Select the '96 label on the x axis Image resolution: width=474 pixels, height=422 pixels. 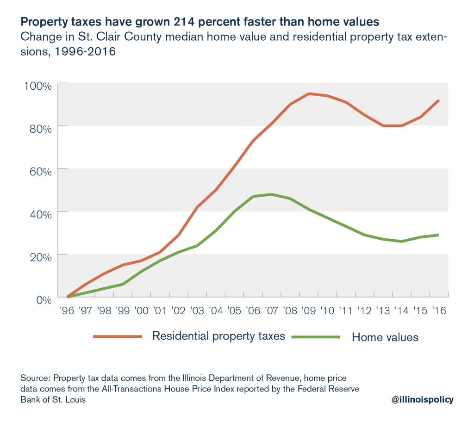[x=68, y=311]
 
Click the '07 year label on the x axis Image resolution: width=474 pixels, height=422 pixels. [x=271, y=311]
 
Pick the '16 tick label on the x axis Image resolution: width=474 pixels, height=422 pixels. [x=438, y=311]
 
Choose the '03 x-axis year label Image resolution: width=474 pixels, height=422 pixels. [x=197, y=311]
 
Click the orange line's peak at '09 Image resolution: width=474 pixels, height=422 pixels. [x=309, y=93]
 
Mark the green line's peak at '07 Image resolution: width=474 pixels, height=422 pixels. [x=271, y=194]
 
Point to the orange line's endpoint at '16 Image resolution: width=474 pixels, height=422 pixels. [x=438, y=100]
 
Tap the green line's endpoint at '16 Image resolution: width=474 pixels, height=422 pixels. [x=438, y=235]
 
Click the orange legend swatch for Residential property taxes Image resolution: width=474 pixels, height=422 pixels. [x=118, y=336]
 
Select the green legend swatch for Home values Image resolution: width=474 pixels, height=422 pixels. [x=316, y=337]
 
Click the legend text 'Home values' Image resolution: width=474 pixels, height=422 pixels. [x=385, y=337]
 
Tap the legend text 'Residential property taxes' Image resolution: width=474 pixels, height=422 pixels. [x=219, y=336]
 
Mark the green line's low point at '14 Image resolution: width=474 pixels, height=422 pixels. [x=401, y=241]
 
